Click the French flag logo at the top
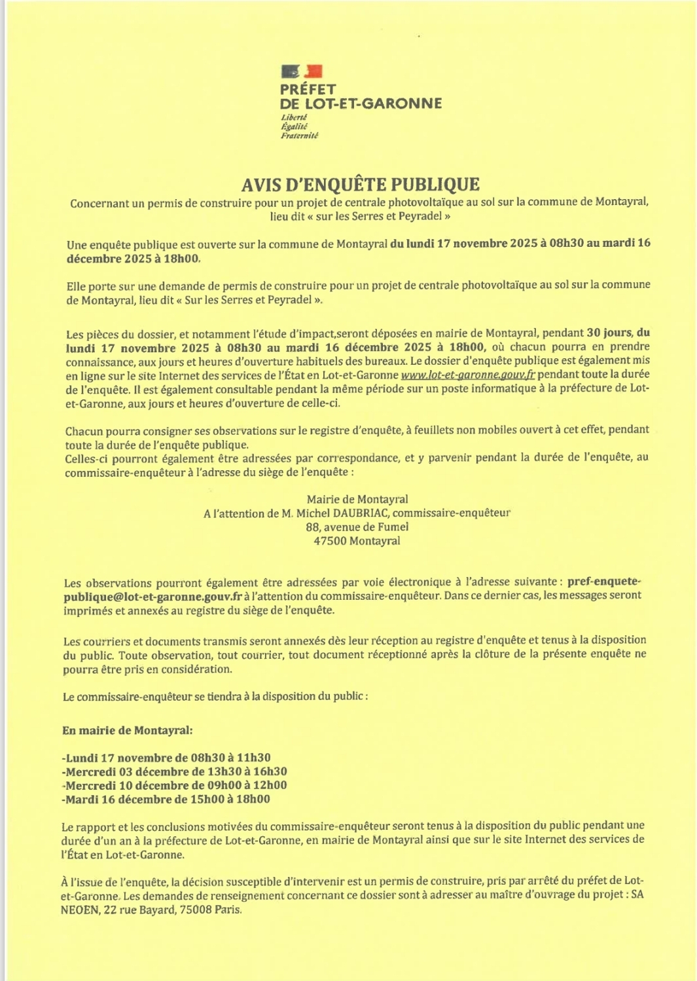[302, 71]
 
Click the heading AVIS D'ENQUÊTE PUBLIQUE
[361, 185]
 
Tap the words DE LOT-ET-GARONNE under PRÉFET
[361, 103]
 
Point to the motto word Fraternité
[299, 136]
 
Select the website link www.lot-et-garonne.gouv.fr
[468, 375]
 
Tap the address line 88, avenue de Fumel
[357, 527]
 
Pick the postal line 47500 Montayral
[357, 542]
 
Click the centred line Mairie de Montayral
[357, 500]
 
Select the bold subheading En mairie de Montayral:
[128, 730]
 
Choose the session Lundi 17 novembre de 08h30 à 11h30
[167, 758]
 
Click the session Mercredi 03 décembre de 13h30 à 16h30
[175, 772]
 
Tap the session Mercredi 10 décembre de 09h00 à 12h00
[175, 786]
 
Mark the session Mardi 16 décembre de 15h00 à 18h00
[166, 800]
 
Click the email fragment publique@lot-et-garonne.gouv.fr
[152, 597]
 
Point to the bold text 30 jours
[609, 333]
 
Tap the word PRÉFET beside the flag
[308, 89]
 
